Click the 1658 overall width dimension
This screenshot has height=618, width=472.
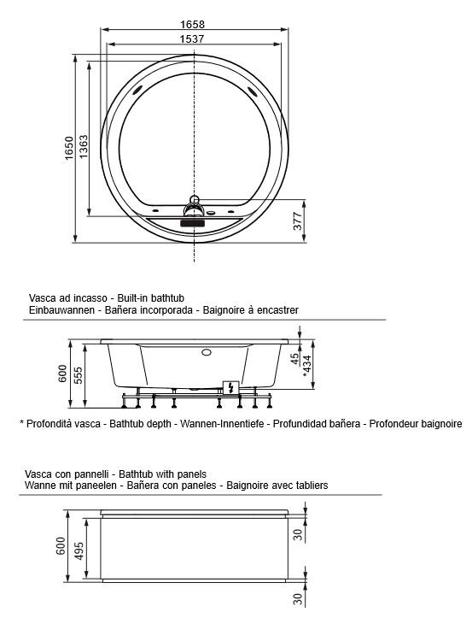[197, 25]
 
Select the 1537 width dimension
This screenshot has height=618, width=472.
[197, 38]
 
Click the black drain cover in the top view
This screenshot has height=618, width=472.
[195, 221]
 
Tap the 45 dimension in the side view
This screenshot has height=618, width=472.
[294, 359]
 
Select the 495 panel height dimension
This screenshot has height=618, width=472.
[79, 552]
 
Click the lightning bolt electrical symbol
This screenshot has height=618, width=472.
[228, 387]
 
